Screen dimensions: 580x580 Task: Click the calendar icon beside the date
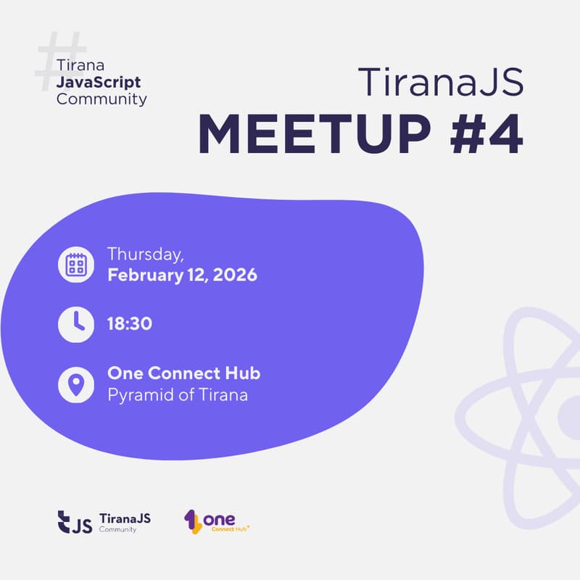76,265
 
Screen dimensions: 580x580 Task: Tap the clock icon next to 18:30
76,323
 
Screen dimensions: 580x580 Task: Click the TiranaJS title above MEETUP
440,82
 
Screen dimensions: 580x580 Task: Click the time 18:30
130,324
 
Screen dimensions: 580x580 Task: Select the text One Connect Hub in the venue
183,374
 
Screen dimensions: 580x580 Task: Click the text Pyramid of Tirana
178,396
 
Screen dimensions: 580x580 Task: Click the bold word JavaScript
99,82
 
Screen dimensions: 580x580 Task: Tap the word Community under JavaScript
101,99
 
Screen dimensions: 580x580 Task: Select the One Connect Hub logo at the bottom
217,521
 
